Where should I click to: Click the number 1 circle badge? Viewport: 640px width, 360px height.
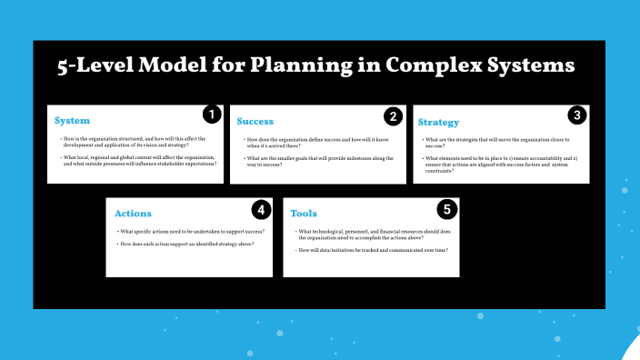[x=211, y=115]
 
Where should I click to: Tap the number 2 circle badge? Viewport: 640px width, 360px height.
[x=393, y=115]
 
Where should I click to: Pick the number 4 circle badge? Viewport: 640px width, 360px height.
[x=261, y=210]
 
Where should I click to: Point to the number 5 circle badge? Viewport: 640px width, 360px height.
[x=446, y=210]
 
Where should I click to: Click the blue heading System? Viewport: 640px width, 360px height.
[x=73, y=121]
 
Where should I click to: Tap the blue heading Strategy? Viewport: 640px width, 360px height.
[x=437, y=122]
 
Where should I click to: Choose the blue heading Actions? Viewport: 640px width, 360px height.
[x=133, y=214]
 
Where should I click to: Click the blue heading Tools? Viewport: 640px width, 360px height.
[x=304, y=214]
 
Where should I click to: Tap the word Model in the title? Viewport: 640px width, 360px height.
[x=183, y=65]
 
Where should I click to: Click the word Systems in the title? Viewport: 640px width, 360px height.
[x=535, y=65]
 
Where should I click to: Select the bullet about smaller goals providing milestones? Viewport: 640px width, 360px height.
[x=318, y=163]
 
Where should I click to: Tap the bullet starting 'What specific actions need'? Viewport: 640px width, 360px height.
[x=192, y=232]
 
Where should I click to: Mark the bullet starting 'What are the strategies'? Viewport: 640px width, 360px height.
[x=499, y=142]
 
